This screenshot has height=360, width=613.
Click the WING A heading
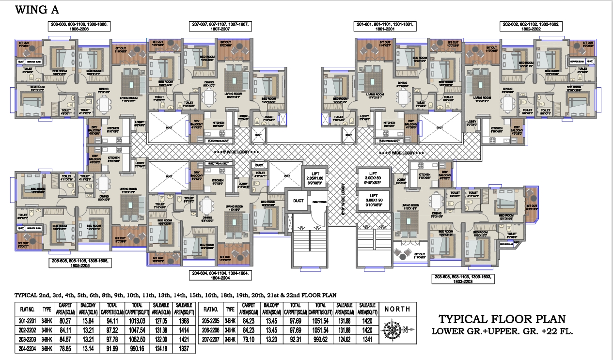tap(37, 10)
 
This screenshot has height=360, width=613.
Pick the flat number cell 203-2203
tap(27, 339)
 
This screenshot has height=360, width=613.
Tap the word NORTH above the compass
tap(397, 309)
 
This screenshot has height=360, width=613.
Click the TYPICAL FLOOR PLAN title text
tap(502, 319)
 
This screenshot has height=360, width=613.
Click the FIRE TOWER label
tap(318, 201)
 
